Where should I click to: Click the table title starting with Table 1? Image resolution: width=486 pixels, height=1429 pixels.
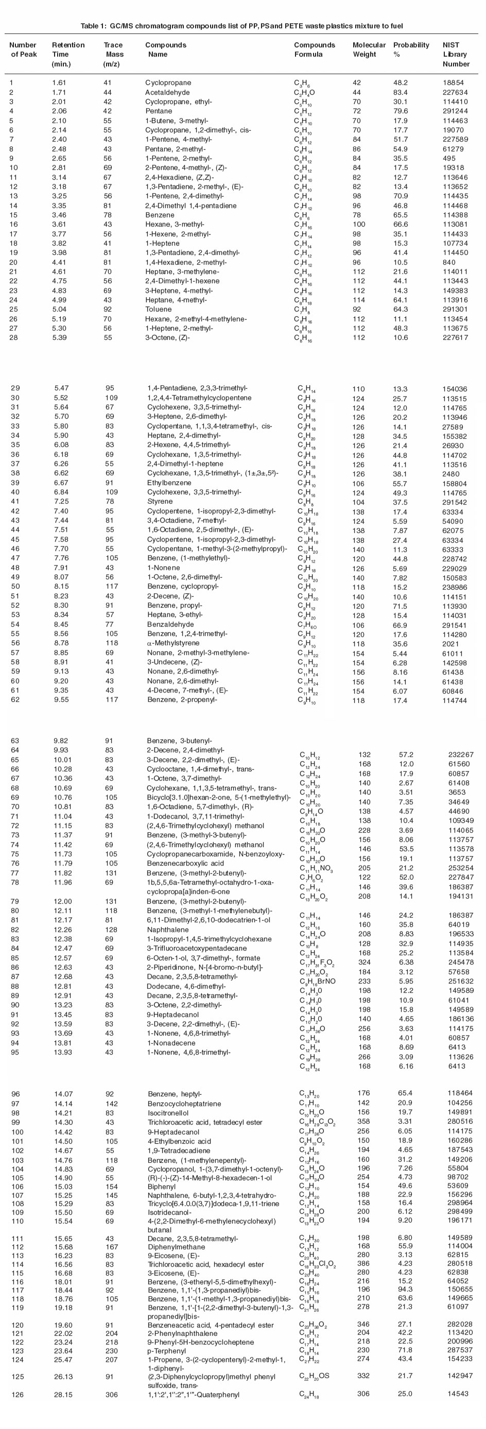(x=241, y=26)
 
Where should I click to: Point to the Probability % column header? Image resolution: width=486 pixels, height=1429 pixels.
(x=411, y=49)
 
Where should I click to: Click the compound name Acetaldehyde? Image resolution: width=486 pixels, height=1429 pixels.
(x=167, y=92)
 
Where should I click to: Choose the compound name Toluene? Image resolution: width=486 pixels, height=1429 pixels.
(x=158, y=309)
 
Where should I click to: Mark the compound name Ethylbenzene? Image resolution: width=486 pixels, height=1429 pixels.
(x=169, y=483)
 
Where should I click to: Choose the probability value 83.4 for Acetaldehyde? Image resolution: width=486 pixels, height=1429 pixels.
(x=401, y=92)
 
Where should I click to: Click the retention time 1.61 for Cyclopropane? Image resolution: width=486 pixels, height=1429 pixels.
(x=59, y=83)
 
